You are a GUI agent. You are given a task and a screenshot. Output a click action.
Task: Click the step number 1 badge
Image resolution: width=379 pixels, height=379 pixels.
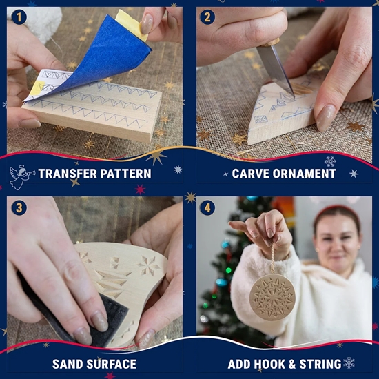tap(19, 17)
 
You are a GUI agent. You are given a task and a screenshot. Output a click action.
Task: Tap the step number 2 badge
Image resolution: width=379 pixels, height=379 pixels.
tap(207, 17)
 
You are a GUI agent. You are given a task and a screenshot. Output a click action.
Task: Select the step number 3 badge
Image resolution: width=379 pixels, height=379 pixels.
tap(19, 208)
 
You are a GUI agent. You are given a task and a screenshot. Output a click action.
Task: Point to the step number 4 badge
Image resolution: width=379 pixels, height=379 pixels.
tap(207, 208)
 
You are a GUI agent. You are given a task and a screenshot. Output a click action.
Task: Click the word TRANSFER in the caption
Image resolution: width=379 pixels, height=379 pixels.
tap(68, 174)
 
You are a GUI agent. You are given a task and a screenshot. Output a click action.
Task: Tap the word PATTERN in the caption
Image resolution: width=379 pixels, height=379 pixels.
tap(125, 174)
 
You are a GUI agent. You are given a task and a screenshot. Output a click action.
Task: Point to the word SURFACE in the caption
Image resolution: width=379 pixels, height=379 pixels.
tap(112, 364)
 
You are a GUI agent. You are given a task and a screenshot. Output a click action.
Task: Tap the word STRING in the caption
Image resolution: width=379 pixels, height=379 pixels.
tap(320, 364)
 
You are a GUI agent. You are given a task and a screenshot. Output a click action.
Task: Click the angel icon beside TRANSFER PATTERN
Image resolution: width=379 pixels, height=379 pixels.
tap(21, 177)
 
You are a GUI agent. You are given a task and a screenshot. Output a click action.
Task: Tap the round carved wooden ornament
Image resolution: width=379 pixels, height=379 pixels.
tap(272, 297)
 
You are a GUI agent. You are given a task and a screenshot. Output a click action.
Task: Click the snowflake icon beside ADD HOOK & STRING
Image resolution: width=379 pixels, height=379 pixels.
tap(349, 362)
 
